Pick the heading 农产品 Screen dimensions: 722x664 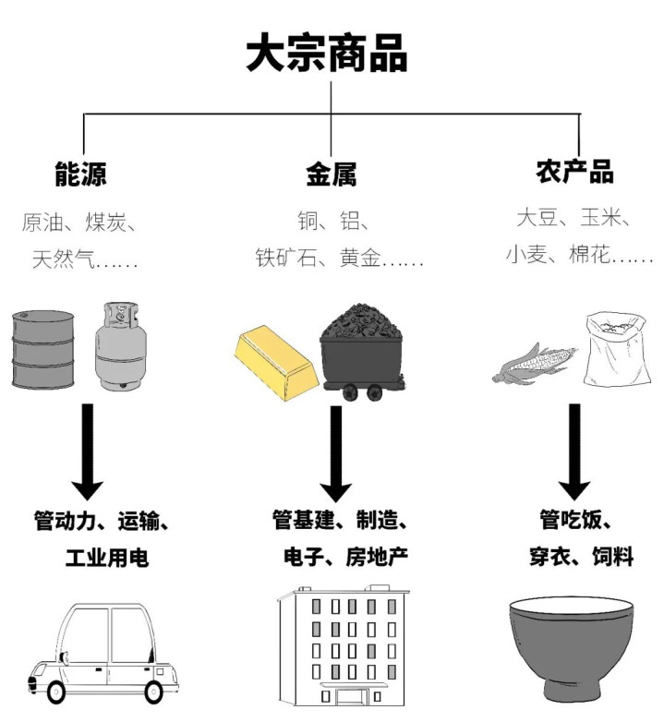click(x=574, y=173)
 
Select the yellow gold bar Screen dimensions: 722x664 click(x=275, y=356)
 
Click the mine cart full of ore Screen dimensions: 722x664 click(x=361, y=352)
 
